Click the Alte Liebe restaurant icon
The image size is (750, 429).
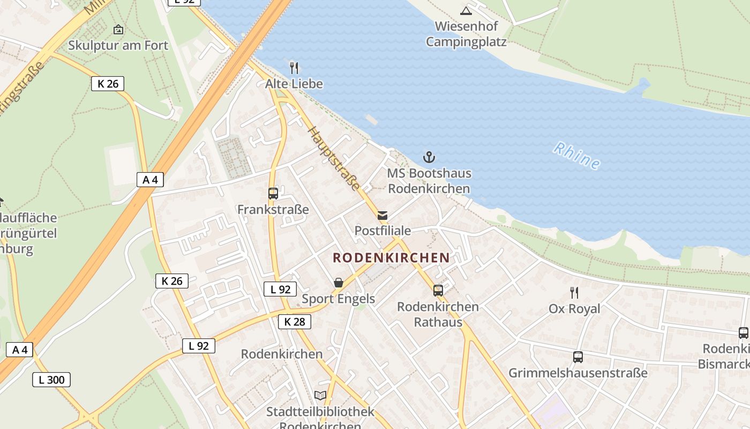[294, 68]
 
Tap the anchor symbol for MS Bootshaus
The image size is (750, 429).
[429, 157]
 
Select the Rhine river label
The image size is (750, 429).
[576, 156]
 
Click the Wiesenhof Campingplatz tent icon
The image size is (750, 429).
[466, 10]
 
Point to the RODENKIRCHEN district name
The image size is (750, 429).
[391, 257]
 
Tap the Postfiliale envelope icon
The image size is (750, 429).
[382, 216]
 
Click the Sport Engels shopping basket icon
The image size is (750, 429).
[339, 282]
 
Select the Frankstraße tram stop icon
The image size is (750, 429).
[273, 194]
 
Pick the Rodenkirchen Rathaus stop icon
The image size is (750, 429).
[438, 291]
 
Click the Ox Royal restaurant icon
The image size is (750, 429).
[574, 292]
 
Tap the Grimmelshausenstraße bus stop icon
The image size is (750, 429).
[577, 357]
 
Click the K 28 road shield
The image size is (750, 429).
[295, 322]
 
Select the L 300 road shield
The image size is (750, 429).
[51, 380]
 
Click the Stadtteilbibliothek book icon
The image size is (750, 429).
[320, 396]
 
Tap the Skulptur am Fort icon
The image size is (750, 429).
[118, 29]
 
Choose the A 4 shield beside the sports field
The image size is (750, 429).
[150, 180]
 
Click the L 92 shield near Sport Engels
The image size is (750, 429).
[280, 290]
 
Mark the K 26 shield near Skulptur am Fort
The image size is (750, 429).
[108, 84]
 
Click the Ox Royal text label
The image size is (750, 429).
[574, 309]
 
